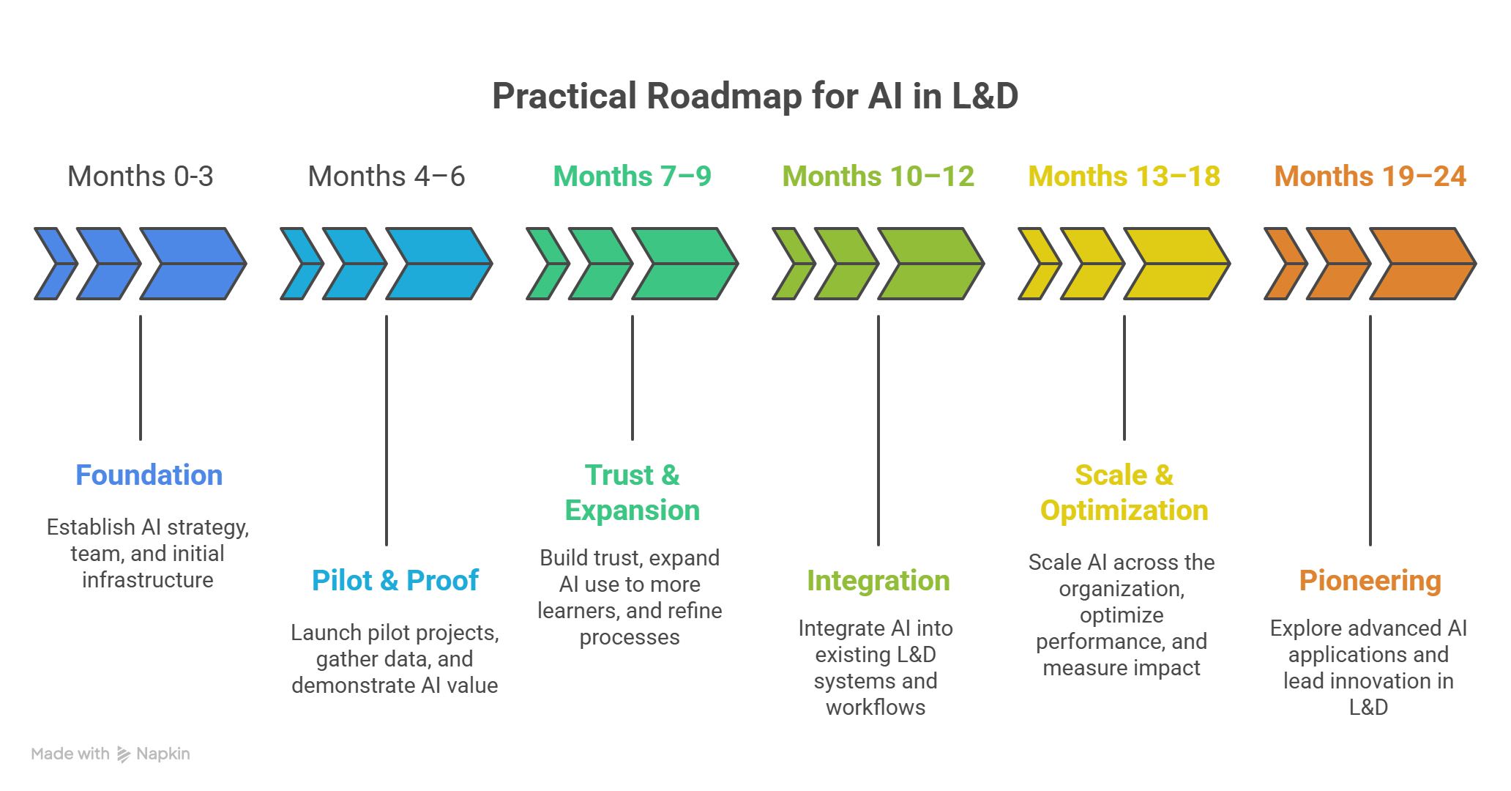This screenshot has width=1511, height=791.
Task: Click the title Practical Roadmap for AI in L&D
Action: pos(755,96)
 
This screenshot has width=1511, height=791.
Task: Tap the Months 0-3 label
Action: pos(141,177)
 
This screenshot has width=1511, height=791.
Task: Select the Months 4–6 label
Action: pos(387,177)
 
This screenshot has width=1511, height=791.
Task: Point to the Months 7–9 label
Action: pos(633,177)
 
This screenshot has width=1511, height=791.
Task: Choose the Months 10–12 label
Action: pos(878,177)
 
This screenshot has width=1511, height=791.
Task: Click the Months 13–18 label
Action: pos(1124,177)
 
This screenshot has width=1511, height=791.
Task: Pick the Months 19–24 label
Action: pos(1370,177)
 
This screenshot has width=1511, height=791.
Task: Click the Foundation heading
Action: pos(149,475)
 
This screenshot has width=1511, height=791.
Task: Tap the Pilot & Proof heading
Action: pos(395,581)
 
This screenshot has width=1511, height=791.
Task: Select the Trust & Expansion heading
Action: pos(633,493)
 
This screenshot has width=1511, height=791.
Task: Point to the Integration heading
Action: pos(878,581)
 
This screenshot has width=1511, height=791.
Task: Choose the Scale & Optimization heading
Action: pos(1124,493)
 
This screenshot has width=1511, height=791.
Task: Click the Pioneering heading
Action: pos(1370,581)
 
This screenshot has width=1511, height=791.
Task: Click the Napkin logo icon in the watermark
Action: pos(124,754)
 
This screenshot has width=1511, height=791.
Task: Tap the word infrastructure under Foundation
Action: pos(148,580)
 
